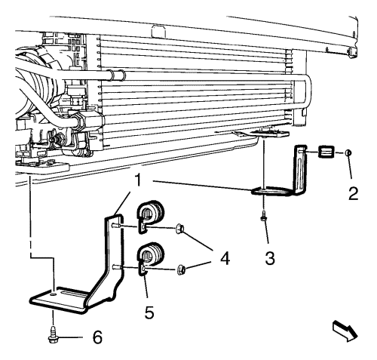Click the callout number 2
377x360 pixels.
[x=353, y=193]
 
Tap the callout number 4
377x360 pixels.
[x=225, y=258]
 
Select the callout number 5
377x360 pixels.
[x=149, y=312]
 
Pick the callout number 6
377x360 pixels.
[x=97, y=337]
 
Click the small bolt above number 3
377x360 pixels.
[x=263, y=216]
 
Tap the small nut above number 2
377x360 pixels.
[x=348, y=152]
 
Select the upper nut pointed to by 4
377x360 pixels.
[x=179, y=229]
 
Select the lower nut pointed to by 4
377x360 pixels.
[x=181, y=269]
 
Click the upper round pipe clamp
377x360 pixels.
[x=150, y=215]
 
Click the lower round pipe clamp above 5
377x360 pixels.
[x=151, y=257]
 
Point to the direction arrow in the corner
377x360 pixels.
[x=345, y=331]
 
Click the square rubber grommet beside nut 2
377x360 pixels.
[x=325, y=152]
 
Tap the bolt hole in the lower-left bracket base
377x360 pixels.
[x=53, y=294]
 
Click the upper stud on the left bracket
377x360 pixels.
[x=117, y=226]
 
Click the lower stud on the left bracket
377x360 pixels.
[x=117, y=267]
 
